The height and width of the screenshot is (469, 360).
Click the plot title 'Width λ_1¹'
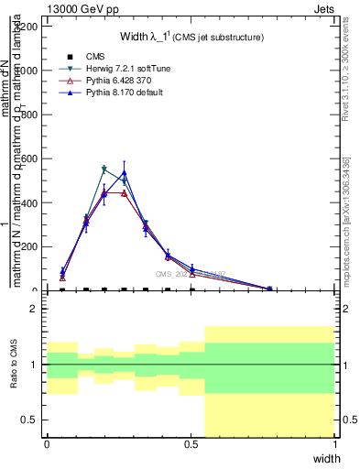point(191,37)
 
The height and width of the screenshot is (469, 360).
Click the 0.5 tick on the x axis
point(191,443)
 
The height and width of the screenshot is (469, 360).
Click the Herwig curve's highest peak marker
point(104,169)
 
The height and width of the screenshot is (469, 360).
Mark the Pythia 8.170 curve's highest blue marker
point(124,172)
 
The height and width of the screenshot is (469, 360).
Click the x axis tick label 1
point(335,443)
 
